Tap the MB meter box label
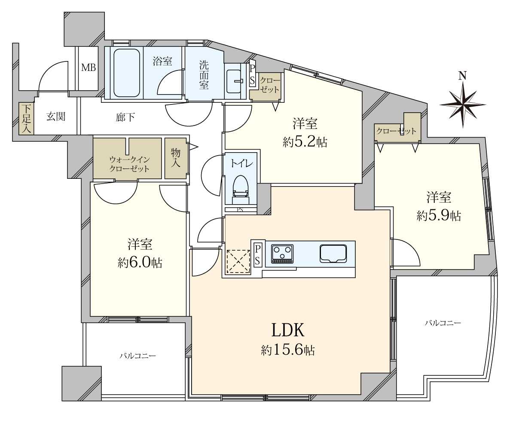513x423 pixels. (x=89, y=68)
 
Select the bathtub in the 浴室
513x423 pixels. (x=127, y=73)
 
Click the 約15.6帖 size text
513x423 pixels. (x=288, y=351)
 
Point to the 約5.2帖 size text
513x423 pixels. (x=305, y=142)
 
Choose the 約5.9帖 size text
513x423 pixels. (x=439, y=216)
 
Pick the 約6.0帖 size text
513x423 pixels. (x=140, y=263)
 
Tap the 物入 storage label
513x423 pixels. (x=176, y=157)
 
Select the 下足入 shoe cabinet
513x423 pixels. (x=26, y=119)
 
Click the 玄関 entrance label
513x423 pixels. (x=55, y=116)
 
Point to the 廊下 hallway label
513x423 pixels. (x=125, y=117)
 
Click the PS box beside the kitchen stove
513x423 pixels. (x=257, y=255)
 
